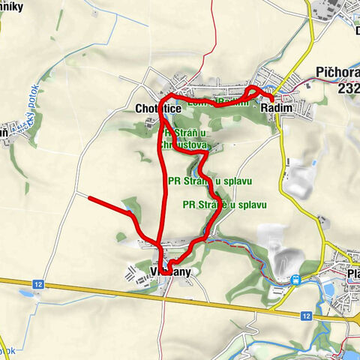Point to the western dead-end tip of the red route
click(x=90, y=199)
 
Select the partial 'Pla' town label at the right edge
click(x=352, y=274)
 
